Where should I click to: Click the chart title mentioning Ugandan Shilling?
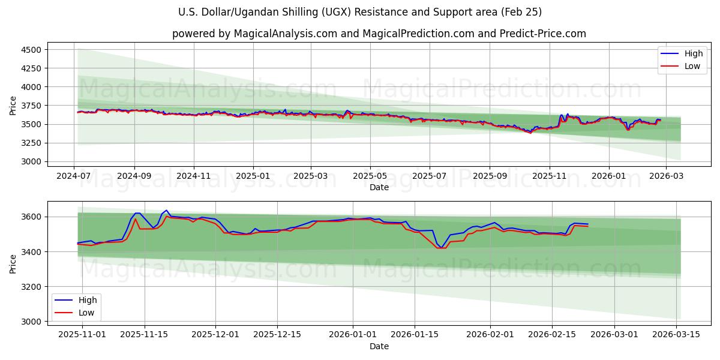click(x=360, y=12)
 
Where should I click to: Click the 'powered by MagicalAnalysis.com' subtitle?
click(x=379, y=34)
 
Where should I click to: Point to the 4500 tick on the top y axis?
click(x=32, y=50)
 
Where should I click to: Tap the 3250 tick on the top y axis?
click(x=32, y=143)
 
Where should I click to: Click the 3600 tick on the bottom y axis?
click(x=32, y=217)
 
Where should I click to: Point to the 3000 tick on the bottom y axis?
click(x=32, y=322)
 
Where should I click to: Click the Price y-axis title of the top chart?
click(x=13, y=106)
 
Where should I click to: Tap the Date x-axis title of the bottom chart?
click(x=379, y=346)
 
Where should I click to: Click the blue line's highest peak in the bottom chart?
click(x=166, y=211)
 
